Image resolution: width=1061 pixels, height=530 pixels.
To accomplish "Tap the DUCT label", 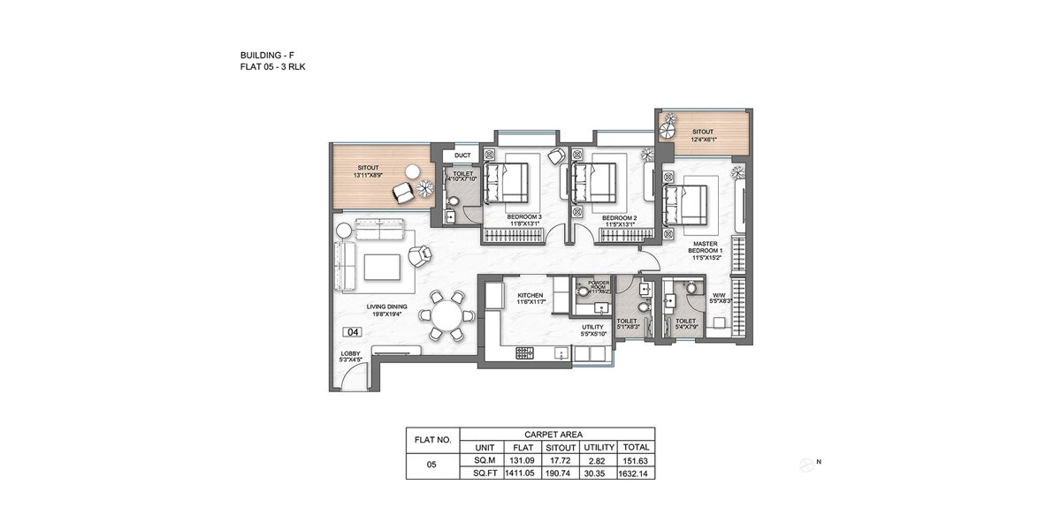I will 462,155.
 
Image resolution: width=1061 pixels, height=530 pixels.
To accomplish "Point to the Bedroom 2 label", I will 619,216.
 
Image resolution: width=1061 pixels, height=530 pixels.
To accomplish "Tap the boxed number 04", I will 353,333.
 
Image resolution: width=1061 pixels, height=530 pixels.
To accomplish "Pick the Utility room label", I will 592,329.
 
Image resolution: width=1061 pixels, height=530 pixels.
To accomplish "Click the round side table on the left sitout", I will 412,170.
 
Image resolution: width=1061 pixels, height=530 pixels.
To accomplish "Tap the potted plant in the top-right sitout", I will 670,120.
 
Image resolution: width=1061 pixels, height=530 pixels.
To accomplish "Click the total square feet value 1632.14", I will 636,473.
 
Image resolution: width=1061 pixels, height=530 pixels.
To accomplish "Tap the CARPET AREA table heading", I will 558,434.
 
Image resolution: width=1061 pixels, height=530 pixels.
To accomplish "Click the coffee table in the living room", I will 380,266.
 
